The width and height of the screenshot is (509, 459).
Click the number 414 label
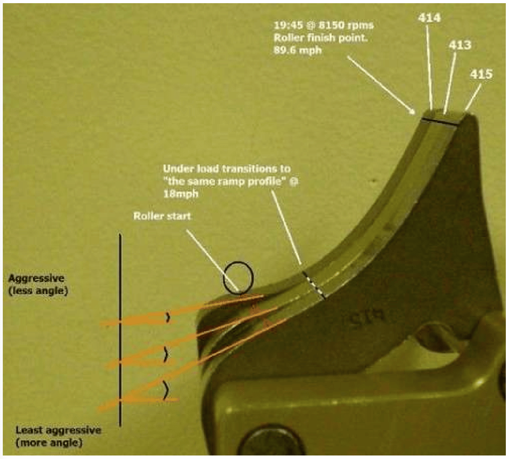click(x=429, y=18)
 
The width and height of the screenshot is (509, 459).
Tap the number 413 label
click(x=460, y=45)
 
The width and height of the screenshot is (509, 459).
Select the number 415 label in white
click(x=481, y=74)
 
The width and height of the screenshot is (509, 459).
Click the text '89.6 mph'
click(x=297, y=50)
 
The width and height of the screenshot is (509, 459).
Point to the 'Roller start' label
click(x=162, y=216)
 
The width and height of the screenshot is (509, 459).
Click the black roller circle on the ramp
click(x=238, y=277)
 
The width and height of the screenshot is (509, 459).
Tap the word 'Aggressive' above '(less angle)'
click(x=36, y=278)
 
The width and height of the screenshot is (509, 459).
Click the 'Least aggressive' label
click(x=58, y=430)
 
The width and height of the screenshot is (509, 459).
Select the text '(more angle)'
click(x=49, y=442)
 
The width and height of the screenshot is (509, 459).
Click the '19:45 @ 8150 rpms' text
click(x=323, y=25)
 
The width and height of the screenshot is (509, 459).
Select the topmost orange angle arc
click(x=168, y=317)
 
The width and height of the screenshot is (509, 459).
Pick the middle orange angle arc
click(x=165, y=354)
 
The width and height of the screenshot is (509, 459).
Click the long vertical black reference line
click(x=120, y=330)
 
